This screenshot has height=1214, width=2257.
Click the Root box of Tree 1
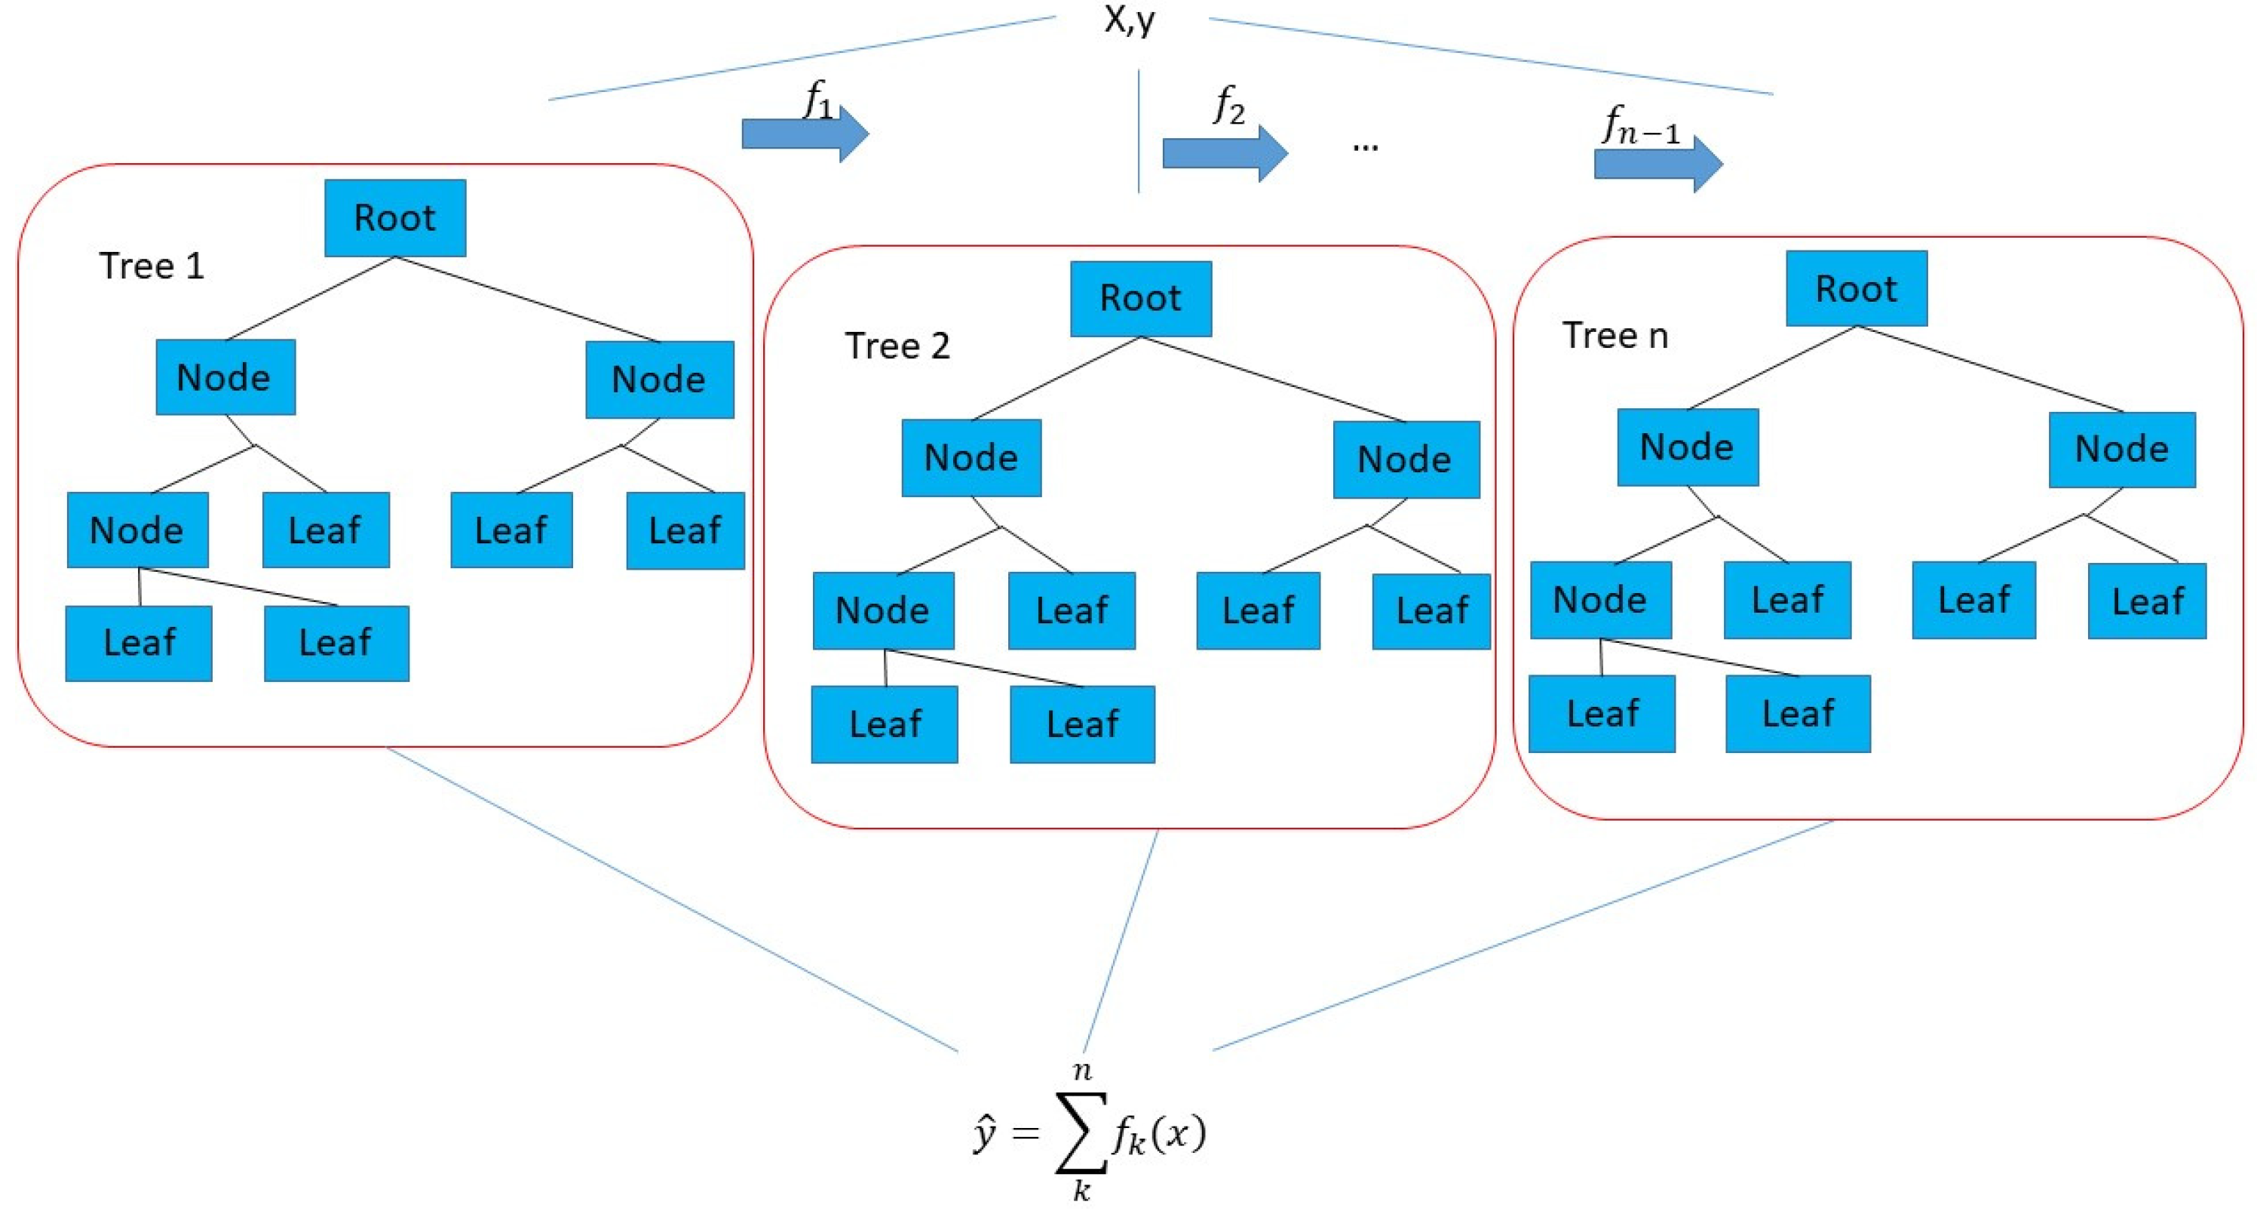click(394, 217)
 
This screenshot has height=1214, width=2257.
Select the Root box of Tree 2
click(1141, 298)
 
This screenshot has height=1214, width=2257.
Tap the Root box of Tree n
click(1856, 288)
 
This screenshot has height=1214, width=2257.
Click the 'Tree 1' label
click(152, 266)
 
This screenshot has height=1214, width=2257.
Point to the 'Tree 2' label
click(897, 346)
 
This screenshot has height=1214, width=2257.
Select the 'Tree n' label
click(1615, 336)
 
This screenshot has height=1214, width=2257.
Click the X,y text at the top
click(1130, 20)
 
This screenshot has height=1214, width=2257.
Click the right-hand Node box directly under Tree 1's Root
click(659, 380)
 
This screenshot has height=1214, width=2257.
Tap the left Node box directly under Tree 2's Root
click(971, 457)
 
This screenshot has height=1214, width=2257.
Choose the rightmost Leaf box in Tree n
click(2147, 601)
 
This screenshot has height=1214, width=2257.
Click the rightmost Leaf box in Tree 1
click(685, 531)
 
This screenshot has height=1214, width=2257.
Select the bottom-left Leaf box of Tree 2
click(884, 724)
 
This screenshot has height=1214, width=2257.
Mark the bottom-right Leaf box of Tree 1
click(336, 644)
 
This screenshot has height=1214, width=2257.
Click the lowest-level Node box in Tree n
click(1600, 600)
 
